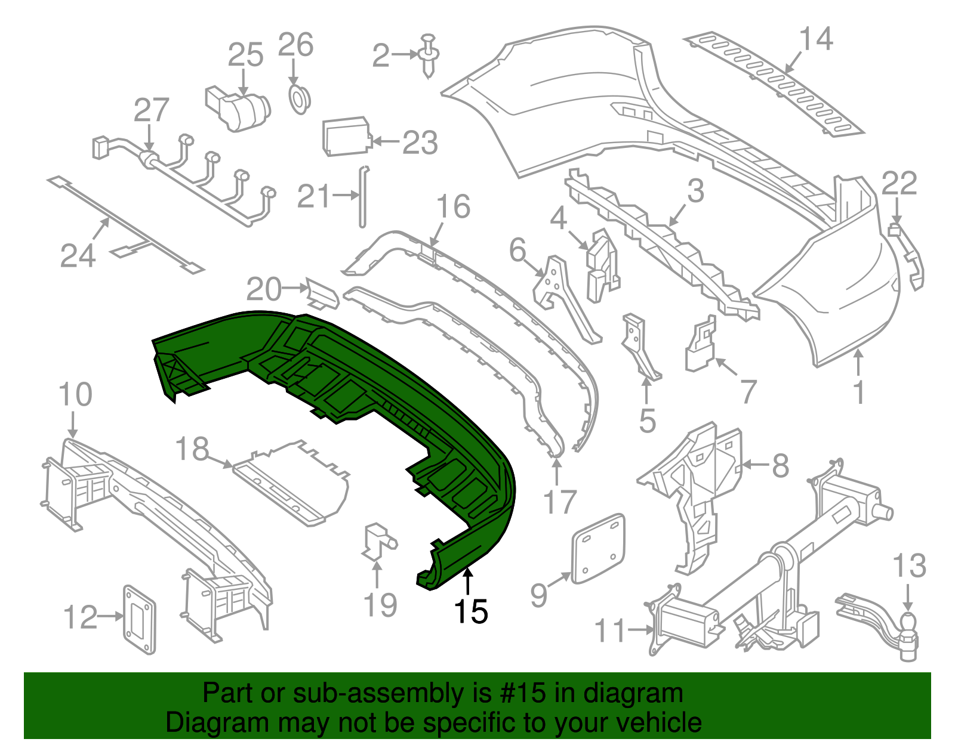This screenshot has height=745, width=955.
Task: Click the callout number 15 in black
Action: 471,611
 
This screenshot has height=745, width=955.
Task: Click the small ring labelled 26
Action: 299,98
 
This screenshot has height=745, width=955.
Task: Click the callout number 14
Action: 816,39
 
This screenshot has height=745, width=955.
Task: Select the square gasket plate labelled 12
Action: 139,619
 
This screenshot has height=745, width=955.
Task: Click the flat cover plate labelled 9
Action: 599,548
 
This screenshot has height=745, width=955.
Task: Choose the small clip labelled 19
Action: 377,540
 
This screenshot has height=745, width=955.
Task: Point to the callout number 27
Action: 152,110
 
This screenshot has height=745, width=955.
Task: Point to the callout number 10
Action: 76,395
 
